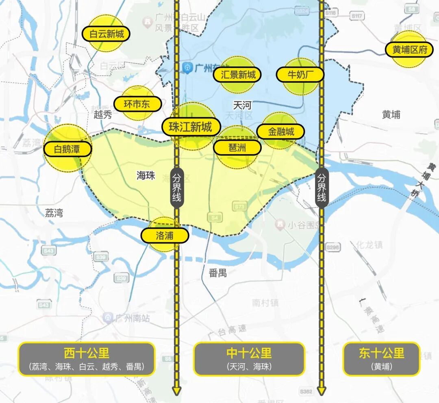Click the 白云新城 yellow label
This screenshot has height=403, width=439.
106,34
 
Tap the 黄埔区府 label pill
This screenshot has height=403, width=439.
410,50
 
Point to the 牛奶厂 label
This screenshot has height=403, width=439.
300,75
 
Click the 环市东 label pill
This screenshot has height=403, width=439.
137,104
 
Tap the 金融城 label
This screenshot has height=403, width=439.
281,131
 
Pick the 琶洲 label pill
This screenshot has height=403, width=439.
237,148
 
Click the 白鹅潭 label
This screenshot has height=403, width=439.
67,149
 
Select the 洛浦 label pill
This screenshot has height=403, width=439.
165,235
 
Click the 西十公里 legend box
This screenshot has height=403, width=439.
87,359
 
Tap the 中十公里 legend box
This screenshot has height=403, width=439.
249,359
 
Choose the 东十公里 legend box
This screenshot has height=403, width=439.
381,359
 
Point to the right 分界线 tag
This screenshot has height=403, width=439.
322,187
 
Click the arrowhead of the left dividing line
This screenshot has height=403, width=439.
177,391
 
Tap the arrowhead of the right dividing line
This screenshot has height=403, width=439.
322,391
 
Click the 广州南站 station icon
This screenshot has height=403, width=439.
108,317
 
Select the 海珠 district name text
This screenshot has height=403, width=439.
146,175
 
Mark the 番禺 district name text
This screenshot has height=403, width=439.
218,273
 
